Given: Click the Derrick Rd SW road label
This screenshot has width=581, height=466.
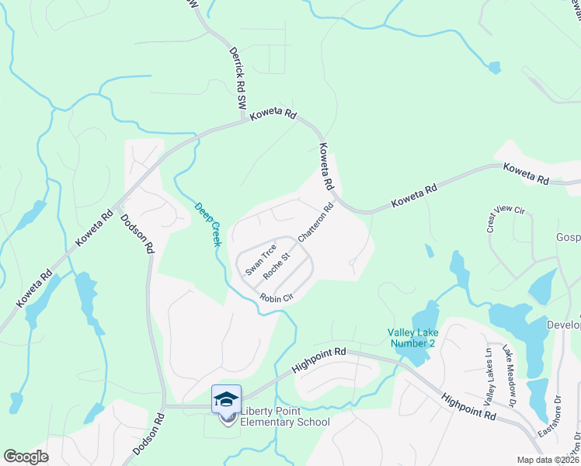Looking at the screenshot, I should (236, 78).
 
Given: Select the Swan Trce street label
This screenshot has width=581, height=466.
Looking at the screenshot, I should (261, 260).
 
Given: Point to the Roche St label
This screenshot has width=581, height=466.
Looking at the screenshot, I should (277, 266).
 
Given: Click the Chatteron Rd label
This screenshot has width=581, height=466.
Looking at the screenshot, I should (315, 221).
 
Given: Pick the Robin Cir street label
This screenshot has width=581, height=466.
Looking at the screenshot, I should (276, 298).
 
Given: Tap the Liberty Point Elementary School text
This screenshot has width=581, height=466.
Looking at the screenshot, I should (285, 417).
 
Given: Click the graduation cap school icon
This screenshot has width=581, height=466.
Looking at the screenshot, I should (226, 399).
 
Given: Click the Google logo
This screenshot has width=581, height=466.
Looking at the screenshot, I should (26, 456).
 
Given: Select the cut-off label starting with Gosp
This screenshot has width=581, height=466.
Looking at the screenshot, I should (568, 236).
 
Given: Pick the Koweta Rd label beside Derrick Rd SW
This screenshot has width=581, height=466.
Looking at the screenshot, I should (273, 114).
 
